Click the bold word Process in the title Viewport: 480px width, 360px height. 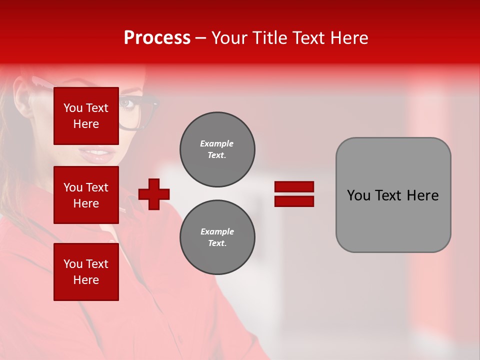[157, 38]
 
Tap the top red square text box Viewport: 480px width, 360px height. [86, 116]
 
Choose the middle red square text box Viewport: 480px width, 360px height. [86, 195]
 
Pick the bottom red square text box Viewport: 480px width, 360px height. [86, 272]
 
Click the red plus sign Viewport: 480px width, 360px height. [154, 194]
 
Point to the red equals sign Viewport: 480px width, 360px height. [294, 194]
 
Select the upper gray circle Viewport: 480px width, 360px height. [217, 149]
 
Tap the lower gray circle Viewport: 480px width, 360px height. [217, 237]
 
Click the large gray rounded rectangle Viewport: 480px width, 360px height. [393, 195]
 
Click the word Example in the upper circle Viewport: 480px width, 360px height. [217, 144]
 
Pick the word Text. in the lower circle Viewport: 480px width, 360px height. [217, 243]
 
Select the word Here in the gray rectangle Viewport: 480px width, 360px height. [422, 195]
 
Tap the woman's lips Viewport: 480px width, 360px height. [97, 154]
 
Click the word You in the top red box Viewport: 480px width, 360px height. [73, 108]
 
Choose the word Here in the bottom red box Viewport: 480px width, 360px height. [86, 280]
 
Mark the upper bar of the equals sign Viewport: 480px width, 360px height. [294, 187]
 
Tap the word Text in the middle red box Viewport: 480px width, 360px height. [97, 187]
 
